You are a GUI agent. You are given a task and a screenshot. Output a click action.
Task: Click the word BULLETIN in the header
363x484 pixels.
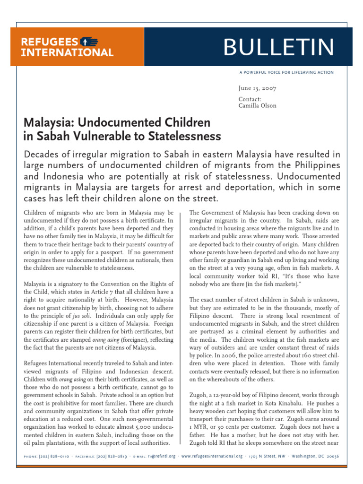pos(279,47)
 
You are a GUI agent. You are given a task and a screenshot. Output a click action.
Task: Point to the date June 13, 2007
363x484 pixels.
pos(258,88)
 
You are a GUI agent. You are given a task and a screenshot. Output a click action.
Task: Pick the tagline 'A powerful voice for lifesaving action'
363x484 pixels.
pos(286,72)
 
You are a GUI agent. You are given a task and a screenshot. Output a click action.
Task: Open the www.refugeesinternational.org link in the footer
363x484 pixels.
pos(212,457)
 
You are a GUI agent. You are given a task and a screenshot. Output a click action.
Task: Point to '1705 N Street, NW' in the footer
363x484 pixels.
pos(267,457)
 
